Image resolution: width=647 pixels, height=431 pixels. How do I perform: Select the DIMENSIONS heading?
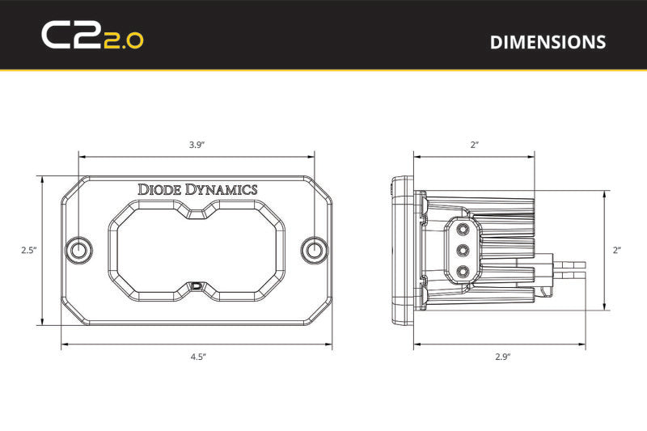548,42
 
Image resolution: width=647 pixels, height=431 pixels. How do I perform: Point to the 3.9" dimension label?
197,145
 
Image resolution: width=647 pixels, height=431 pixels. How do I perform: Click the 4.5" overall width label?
197,355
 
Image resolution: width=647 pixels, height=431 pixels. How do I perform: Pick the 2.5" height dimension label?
28,251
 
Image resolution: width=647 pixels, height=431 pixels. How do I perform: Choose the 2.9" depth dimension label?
501,355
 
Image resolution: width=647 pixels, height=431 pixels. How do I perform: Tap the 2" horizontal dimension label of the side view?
474,145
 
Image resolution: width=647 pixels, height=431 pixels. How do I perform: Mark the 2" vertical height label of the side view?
617,251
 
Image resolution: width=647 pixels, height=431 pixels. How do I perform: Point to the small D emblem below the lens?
197,285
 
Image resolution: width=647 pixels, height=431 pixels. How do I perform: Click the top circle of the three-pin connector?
463,230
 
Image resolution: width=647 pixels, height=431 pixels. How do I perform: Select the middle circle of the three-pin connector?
463,250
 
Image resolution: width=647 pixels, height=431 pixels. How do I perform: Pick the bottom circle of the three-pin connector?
463,270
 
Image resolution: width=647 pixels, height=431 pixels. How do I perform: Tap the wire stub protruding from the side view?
570,264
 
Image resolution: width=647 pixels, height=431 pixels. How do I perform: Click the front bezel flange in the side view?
395,251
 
